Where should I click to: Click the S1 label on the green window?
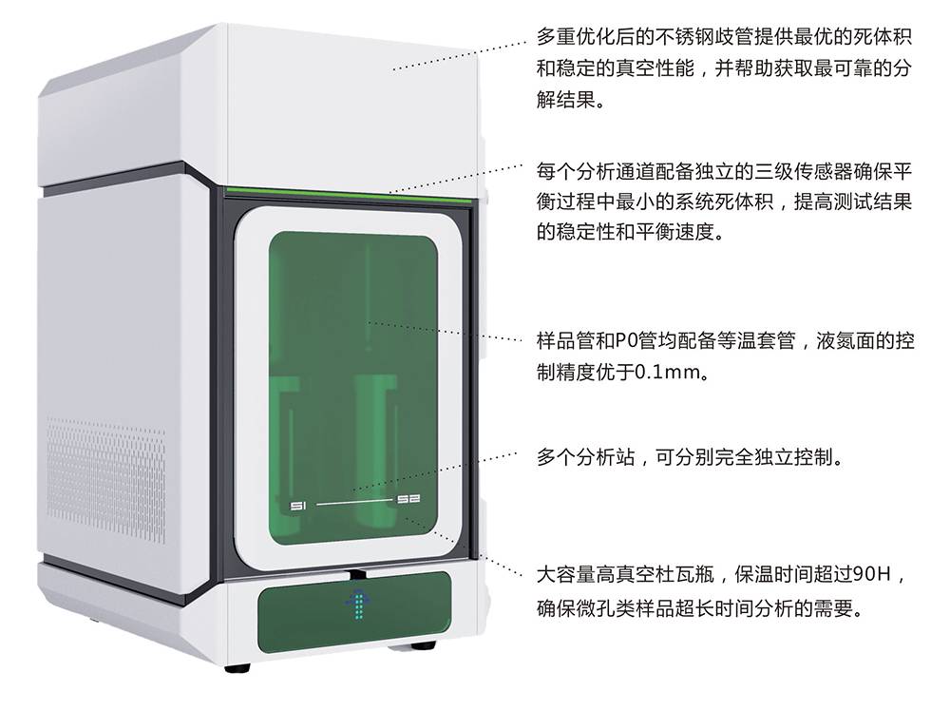click(x=298, y=506)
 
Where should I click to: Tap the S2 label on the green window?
click(x=408, y=499)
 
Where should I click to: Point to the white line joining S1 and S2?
click(x=354, y=503)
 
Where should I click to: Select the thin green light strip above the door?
click(x=349, y=195)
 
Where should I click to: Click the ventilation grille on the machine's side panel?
click(x=106, y=479)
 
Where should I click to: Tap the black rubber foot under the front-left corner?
click(x=237, y=668)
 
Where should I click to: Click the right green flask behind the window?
click(x=374, y=450)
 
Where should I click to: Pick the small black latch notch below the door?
click(x=357, y=573)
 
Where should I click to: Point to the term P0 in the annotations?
click(x=626, y=341)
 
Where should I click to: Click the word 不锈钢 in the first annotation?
click(x=685, y=38)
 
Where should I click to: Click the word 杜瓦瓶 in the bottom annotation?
click(x=685, y=573)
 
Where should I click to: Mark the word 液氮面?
click(x=844, y=341)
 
